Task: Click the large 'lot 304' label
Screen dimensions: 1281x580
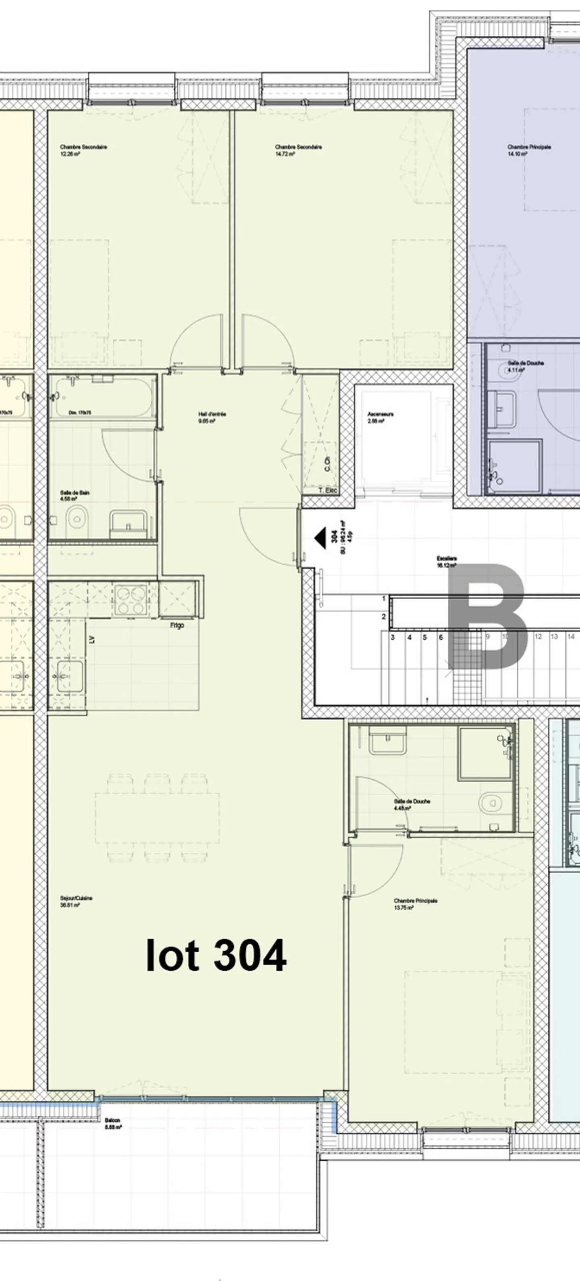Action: [x=216, y=955]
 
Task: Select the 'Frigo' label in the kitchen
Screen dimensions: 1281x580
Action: [x=177, y=625]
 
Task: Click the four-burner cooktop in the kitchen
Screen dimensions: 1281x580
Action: [x=131, y=600]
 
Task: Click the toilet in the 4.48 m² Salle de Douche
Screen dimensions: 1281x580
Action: [x=489, y=803]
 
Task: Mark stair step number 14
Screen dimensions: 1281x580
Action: [x=571, y=636]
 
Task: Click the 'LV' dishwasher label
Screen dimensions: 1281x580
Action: [x=91, y=640]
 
